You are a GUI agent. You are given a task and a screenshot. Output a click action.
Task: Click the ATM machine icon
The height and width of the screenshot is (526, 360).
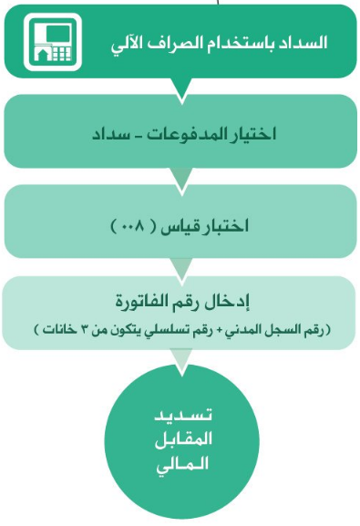(53, 42)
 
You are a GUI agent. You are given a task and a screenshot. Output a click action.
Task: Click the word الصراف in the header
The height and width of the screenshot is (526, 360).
(184, 43)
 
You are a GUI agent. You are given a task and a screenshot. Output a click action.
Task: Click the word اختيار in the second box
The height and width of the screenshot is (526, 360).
(255, 133)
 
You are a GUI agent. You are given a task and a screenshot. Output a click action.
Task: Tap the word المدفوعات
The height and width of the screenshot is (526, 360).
(189, 133)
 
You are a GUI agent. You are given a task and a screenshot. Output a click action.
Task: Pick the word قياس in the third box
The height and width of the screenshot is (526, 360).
(178, 226)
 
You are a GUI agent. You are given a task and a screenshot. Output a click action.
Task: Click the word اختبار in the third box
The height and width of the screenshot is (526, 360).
(223, 225)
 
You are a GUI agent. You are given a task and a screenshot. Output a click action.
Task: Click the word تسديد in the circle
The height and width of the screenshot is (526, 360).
(183, 416)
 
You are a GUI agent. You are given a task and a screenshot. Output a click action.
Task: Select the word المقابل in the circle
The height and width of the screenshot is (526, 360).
(183, 439)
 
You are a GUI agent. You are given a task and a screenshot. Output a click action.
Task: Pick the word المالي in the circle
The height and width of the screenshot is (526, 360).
(182, 465)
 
